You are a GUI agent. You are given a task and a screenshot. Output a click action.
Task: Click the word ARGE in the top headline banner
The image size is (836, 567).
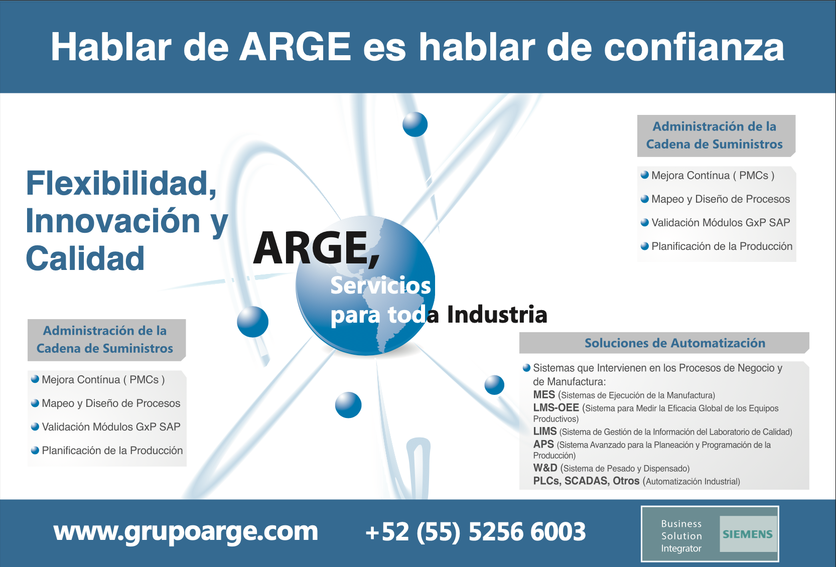(x=295, y=47)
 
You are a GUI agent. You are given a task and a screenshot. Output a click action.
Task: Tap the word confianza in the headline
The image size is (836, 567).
(x=694, y=47)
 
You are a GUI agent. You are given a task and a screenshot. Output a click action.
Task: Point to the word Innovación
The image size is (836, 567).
(x=113, y=221)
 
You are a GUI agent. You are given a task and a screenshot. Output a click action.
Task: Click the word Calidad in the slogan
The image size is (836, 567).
(x=85, y=258)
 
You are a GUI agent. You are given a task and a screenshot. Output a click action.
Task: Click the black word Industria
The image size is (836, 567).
(x=497, y=314)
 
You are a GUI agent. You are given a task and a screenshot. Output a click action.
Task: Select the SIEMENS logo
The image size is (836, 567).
(x=748, y=534)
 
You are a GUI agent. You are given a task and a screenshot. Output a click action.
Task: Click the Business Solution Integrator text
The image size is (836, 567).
(x=681, y=536)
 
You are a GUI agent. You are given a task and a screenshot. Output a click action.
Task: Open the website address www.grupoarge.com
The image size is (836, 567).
(x=186, y=531)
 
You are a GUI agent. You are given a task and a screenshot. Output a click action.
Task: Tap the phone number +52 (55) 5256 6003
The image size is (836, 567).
(x=476, y=531)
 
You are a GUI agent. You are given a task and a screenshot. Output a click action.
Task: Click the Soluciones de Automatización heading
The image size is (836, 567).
(x=675, y=343)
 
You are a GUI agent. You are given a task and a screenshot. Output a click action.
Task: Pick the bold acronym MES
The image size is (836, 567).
(x=544, y=394)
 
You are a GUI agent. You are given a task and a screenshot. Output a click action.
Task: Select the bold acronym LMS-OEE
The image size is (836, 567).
(x=555, y=407)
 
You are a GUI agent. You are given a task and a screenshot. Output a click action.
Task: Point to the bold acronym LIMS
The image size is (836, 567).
(x=544, y=431)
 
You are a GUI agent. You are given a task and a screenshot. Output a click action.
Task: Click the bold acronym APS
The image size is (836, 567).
(x=543, y=444)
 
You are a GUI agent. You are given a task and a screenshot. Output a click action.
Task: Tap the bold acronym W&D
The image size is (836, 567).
(x=545, y=468)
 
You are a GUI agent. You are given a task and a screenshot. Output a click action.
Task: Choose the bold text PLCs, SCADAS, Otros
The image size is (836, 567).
(x=586, y=481)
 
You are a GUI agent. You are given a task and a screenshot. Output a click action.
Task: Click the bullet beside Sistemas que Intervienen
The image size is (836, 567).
(x=526, y=368)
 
